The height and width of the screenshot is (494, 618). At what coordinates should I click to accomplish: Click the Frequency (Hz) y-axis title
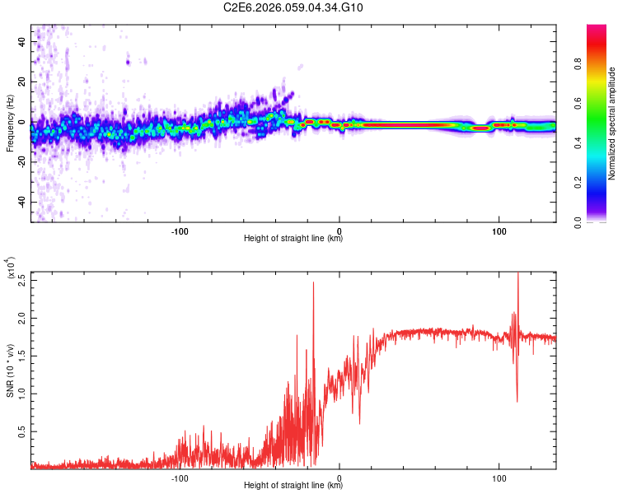pos(10,123)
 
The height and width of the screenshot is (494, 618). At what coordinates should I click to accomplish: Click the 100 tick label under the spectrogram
pos(499,231)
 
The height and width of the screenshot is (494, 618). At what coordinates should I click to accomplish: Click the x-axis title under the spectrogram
pos(293,239)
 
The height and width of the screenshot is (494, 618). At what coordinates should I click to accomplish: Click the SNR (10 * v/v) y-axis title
pos(11,370)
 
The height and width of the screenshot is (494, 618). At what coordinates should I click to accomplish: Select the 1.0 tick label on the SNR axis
pos(21,393)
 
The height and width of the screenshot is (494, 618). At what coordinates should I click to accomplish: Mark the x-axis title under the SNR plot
pos(293,486)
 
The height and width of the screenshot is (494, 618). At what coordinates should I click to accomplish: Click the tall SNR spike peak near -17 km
pos(314,283)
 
